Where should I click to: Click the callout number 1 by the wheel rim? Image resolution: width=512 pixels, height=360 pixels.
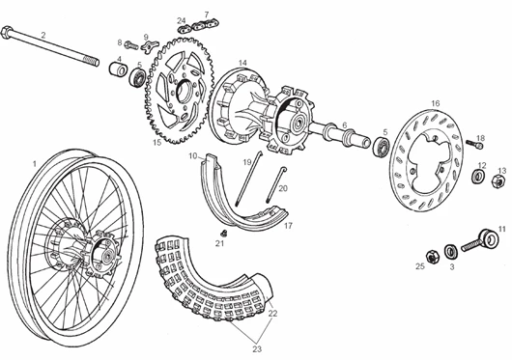(x=35, y=163)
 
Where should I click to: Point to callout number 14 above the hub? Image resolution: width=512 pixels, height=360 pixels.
(x=242, y=64)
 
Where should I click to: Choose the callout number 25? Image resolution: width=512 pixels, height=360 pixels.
(x=420, y=265)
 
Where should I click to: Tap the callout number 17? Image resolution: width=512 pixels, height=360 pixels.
(x=288, y=225)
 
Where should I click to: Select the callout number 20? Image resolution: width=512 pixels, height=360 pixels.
(x=283, y=189)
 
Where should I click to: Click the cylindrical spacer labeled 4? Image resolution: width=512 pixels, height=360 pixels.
(x=121, y=72)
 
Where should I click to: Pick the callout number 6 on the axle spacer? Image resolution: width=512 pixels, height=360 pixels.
(x=344, y=125)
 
